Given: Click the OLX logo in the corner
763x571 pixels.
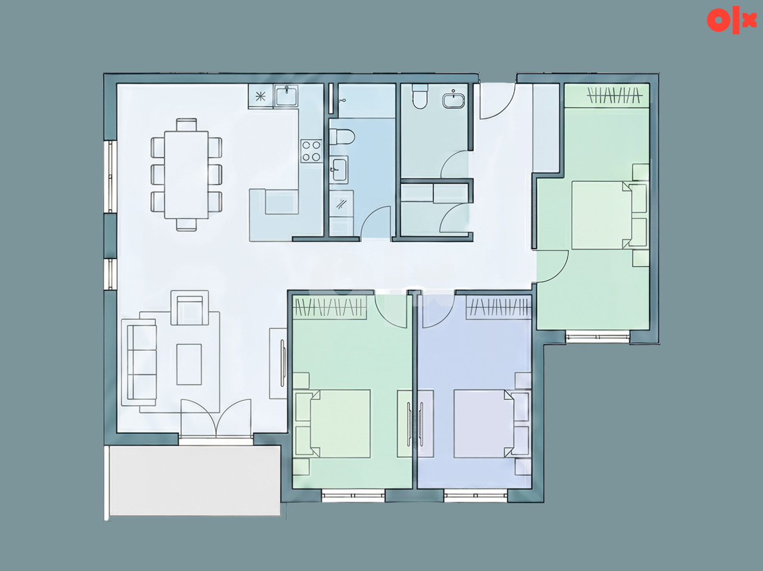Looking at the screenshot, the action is pos(731,21).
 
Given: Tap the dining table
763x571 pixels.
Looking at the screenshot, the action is pos(187,174).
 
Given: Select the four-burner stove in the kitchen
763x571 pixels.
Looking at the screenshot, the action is pos(311,151).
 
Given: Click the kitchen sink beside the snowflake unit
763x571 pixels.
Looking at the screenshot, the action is pos(286,95).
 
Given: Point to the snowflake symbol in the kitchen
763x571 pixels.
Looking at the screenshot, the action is pos(260,96).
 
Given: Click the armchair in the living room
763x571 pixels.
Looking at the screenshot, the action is pos(190,308).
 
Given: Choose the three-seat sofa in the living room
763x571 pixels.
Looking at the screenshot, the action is pos(139,362).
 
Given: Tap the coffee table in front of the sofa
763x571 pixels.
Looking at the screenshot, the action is pos(189,364).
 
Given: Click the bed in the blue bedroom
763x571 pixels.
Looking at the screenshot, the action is pos(484,423).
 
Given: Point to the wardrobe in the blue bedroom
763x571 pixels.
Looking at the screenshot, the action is pos(498,307).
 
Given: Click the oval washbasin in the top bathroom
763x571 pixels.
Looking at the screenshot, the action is pos(454,99).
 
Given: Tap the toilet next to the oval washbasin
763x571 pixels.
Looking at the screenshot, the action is pos(420,96).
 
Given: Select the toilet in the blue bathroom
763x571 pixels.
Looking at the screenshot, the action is pos(341,136).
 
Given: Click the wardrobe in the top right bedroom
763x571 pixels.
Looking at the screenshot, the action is pos(607,95).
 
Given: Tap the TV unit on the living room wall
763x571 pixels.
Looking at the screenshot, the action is pos(278,363).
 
